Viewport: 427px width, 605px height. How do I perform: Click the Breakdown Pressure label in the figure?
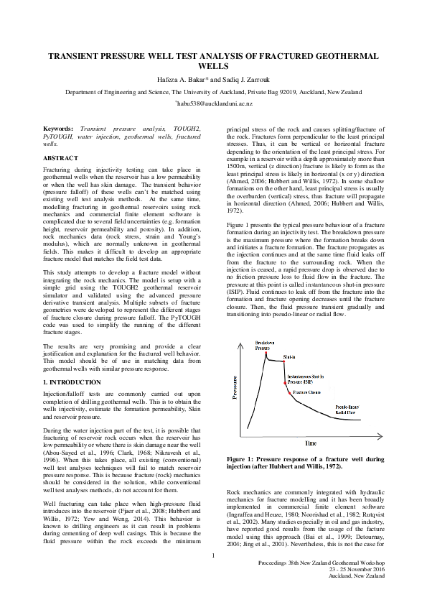[x=264, y=346]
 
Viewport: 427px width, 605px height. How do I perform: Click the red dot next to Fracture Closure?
[x=289, y=393]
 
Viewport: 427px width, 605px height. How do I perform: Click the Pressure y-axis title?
[x=234, y=387]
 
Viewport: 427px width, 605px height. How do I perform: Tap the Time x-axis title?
[x=310, y=443]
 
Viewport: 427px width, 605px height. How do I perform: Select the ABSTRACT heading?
[x=61, y=157]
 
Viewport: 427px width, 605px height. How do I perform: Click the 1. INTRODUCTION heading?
[x=72, y=382]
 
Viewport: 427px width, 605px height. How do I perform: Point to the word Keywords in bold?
[x=60, y=128]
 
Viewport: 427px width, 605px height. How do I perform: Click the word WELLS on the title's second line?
[x=212, y=65]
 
